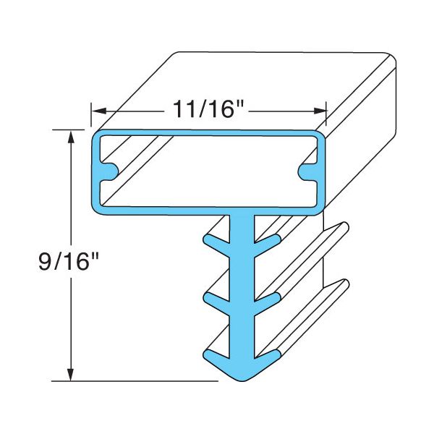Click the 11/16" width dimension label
210,110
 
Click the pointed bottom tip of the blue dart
241,378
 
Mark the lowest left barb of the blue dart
212,354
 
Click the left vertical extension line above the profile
91,114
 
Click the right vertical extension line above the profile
326,114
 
